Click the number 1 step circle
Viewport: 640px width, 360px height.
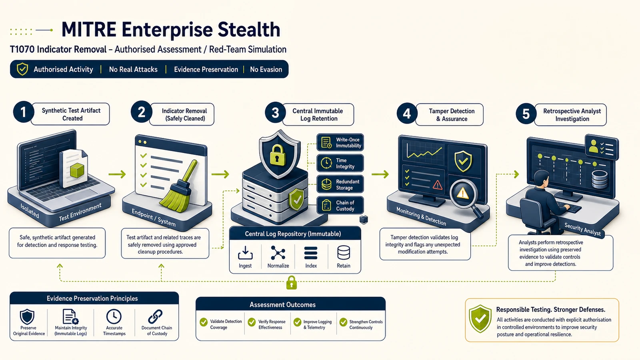point(24,112)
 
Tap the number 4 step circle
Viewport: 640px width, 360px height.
point(407,114)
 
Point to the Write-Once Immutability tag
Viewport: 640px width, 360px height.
point(340,142)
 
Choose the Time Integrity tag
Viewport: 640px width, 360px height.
point(340,164)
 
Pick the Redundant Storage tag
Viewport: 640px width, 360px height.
point(340,184)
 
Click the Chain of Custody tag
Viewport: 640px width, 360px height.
point(340,206)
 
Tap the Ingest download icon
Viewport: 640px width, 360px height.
point(245,253)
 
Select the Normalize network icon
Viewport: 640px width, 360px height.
point(278,253)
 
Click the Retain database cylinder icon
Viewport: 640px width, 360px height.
point(344,253)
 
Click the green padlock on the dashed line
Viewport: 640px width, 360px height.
point(292,282)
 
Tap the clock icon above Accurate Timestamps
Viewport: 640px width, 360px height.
point(114,316)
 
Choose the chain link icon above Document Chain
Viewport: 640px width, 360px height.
point(156,316)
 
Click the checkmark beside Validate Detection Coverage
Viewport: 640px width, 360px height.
point(204,322)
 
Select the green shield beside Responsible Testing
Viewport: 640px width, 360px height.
point(480,318)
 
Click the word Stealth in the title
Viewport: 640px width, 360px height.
point(248,30)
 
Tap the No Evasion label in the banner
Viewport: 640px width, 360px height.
point(266,70)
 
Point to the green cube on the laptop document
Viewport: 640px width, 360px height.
point(76,170)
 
